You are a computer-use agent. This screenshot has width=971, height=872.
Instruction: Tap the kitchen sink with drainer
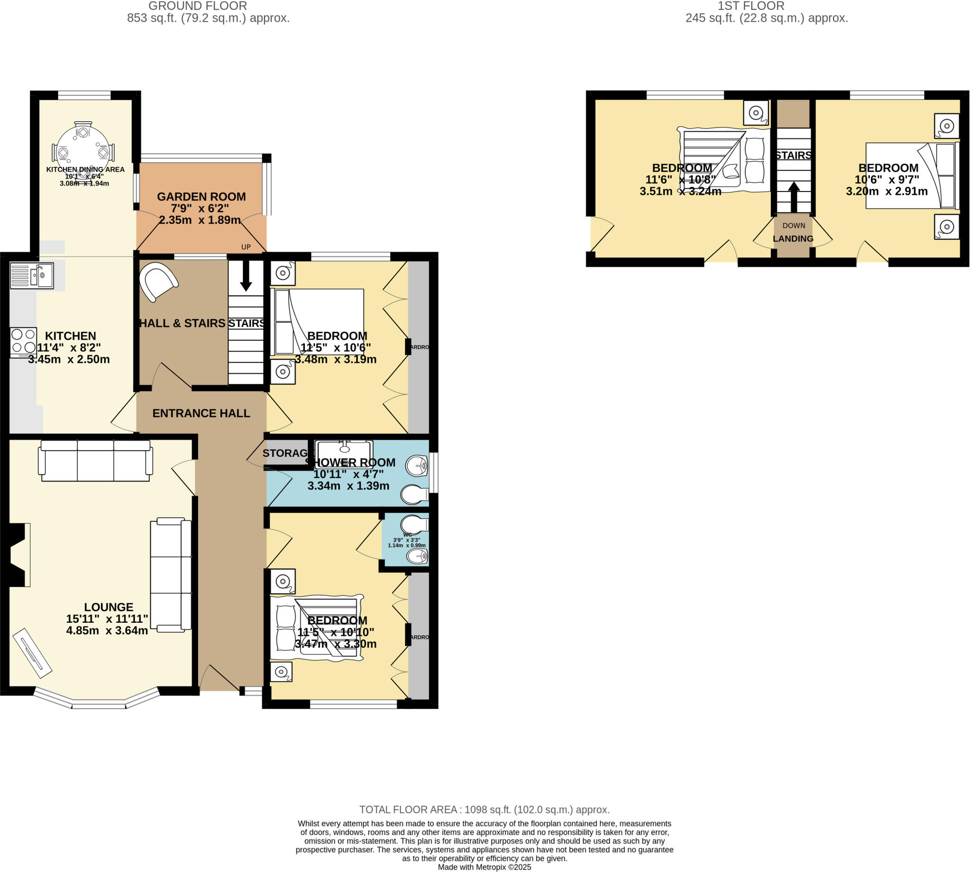tap(32, 276)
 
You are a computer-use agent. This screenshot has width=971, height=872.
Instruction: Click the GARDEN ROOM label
tap(202, 197)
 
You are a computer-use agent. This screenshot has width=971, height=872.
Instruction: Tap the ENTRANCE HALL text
tap(202, 413)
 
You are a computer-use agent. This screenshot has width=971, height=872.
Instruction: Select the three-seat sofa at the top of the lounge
tap(95, 461)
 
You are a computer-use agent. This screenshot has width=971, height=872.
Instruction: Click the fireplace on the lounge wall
tap(18, 554)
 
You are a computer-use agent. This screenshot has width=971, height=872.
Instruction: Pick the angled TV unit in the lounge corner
tap(32, 653)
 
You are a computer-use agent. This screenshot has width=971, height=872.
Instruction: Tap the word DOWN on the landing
tap(794, 226)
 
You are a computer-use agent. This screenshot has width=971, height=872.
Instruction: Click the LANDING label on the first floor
tap(793, 238)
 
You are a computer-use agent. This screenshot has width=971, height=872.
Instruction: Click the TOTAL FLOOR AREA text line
tap(484, 810)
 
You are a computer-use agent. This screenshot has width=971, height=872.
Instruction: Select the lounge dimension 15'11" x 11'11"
tap(107, 619)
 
